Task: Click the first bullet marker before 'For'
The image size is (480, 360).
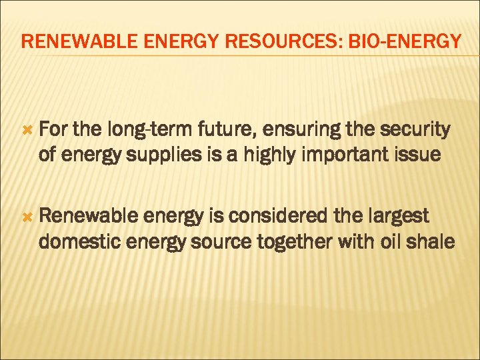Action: point(27,129)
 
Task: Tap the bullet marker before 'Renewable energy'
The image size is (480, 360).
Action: point(27,217)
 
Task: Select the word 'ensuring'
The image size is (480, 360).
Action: point(291,130)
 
